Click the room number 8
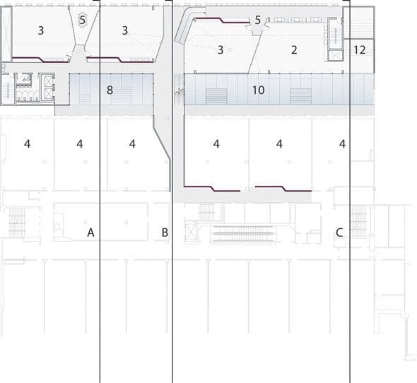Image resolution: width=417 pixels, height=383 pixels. (110, 90)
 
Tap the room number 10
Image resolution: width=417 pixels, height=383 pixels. (258, 90)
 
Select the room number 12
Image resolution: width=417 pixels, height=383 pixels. (360, 50)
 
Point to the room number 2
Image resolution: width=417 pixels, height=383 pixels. (294, 50)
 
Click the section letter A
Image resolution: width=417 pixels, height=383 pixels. (90, 232)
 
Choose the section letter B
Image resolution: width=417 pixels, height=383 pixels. (165, 232)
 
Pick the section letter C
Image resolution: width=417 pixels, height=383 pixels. (339, 232)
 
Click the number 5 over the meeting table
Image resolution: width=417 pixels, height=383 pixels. (83, 20)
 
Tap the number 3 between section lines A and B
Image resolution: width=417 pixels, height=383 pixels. (125, 30)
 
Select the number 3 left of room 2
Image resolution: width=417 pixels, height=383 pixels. (221, 50)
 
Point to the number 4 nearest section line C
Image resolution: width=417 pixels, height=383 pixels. (342, 144)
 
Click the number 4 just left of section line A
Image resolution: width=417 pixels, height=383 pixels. (80, 144)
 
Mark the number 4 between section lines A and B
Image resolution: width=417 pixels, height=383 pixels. (132, 144)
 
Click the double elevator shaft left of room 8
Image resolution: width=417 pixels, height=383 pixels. (48, 87)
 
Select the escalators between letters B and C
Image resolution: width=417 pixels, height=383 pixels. (243, 234)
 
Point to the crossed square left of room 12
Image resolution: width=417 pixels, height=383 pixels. (335, 56)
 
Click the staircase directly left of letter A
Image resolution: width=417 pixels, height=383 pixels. (17, 223)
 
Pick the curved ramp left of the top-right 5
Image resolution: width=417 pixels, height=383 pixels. (188, 24)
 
